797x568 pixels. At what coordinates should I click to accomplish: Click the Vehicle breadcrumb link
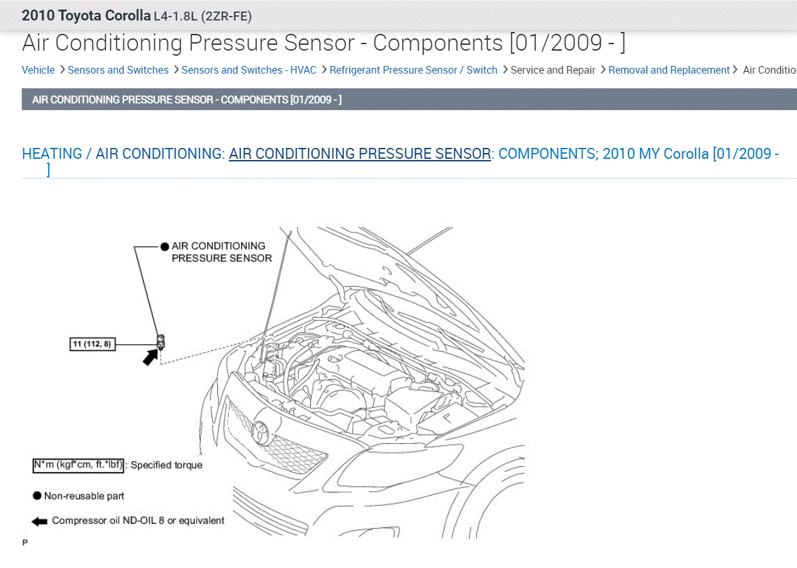38,70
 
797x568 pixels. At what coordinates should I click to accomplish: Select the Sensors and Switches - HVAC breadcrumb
249,70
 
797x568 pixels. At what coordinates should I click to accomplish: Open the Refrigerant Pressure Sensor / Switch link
413,70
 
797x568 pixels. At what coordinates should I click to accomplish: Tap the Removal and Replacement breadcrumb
669,70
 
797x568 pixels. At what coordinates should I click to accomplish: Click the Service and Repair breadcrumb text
553,70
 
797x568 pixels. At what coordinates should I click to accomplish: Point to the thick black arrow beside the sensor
150,357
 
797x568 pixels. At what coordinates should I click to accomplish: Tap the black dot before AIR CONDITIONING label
165,247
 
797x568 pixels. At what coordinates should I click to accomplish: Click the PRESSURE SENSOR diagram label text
221,258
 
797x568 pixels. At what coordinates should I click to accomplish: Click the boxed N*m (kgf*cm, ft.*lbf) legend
78,466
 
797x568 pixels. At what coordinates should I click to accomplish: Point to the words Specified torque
167,466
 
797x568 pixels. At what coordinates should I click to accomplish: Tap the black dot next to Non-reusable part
37,496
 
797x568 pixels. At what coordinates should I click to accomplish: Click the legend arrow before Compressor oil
40,521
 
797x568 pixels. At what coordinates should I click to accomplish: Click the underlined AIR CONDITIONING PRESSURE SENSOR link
360,154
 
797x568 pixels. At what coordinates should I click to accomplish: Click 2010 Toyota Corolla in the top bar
87,16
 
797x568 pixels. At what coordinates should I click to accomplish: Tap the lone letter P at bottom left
25,543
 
